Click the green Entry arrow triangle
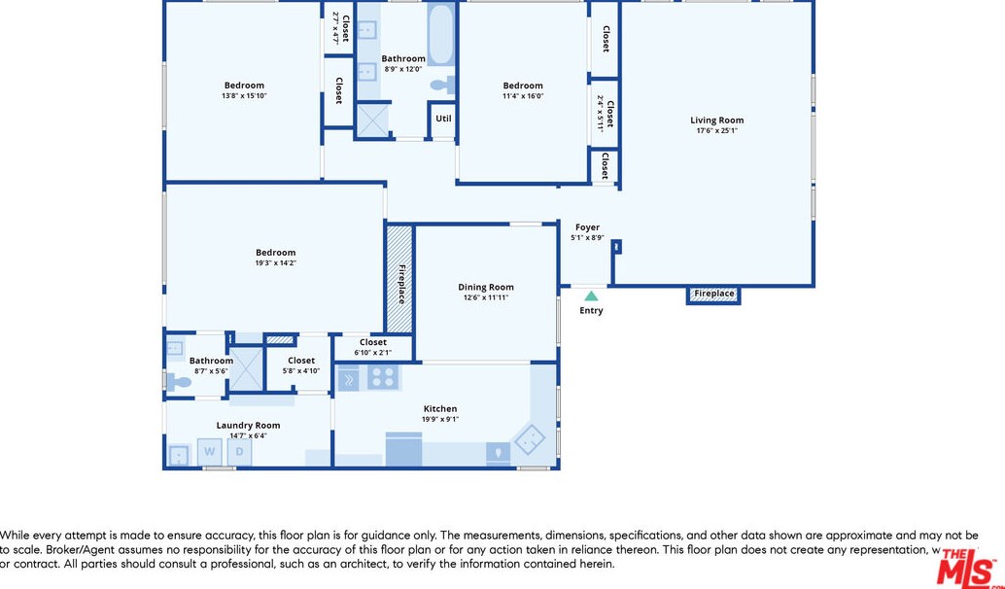pyautogui.click(x=591, y=295)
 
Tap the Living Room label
pyautogui.click(x=716, y=121)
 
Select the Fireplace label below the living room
pyautogui.click(x=713, y=294)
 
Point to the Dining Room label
pyautogui.click(x=486, y=287)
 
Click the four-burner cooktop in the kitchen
pyautogui.click(x=383, y=377)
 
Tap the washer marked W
pyautogui.click(x=210, y=452)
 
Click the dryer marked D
pyautogui.click(x=239, y=452)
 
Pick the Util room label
pyautogui.click(x=443, y=119)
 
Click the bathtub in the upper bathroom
pyautogui.click(x=441, y=33)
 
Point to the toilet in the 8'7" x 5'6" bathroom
pyautogui.click(x=180, y=382)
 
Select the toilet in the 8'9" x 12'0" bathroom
pyautogui.click(x=443, y=86)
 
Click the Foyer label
pyautogui.click(x=587, y=227)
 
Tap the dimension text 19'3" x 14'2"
pyautogui.click(x=275, y=263)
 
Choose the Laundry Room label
pyautogui.click(x=248, y=425)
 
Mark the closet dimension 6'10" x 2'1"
pyautogui.click(x=373, y=353)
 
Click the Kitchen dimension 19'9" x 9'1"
pyautogui.click(x=440, y=420)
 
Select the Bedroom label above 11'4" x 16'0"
pyautogui.click(x=523, y=86)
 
